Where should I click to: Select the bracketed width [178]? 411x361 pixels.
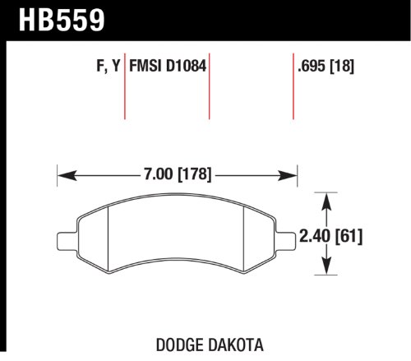pyautogui.click(x=194, y=174)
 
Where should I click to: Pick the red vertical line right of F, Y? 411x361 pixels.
pyautogui.click(x=125, y=86)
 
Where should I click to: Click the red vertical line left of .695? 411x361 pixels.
pyautogui.click(x=293, y=86)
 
